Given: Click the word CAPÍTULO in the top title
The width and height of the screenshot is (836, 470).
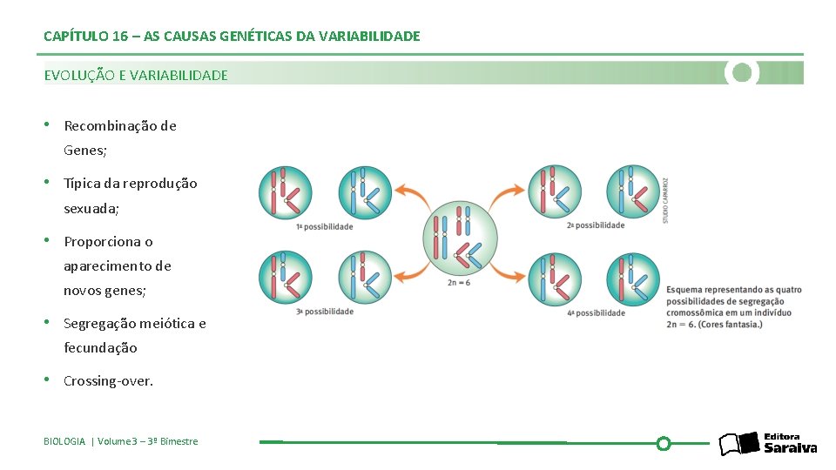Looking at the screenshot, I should click(76, 37).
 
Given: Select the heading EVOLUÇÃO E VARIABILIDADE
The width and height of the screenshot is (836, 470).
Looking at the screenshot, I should click(136, 76).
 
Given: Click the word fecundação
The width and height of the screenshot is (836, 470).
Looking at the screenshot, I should click(100, 348).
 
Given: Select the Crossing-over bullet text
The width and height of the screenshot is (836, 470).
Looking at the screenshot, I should click(108, 381).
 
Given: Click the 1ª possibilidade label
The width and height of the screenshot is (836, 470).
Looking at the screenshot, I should click(325, 227).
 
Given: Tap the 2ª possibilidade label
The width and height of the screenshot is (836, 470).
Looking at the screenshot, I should click(596, 225).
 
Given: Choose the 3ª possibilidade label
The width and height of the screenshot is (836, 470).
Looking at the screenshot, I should click(325, 312).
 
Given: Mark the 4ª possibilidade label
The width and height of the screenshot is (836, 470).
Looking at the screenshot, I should click(596, 313).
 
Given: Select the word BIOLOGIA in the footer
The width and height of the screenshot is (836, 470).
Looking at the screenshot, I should click(64, 442).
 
